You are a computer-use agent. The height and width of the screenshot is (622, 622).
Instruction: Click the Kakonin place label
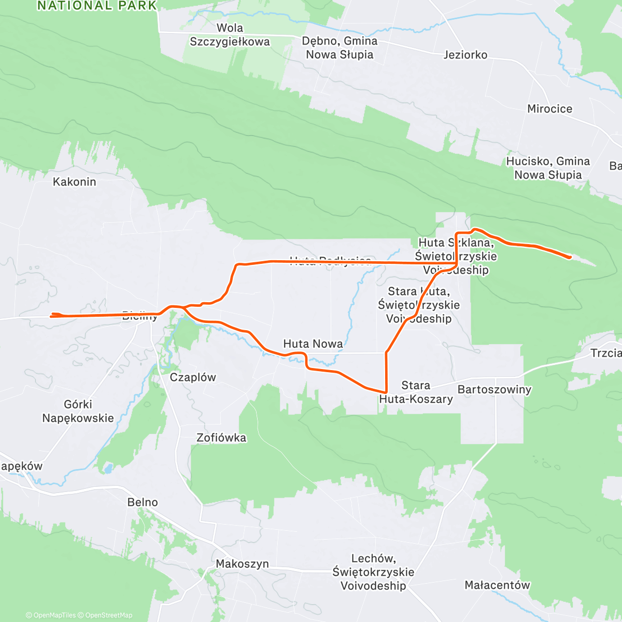pyautogui.click(x=75, y=182)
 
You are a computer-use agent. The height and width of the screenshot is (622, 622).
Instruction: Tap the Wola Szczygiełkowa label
pyautogui.click(x=230, y=35)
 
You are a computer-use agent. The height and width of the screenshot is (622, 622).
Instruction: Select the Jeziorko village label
pyautogui.click(x=465, y=55)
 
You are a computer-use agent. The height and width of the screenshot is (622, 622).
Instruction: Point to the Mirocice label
pyautogui.click(x=549, y=109)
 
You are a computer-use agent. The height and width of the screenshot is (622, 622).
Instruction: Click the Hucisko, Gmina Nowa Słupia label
pyautogui.click(x=548, y=168)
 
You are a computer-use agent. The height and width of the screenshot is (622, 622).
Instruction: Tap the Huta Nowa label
pyautogui.click(x=313, y=344)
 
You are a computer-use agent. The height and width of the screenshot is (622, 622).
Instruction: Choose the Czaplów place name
pyautogui.click(x=193, y=377)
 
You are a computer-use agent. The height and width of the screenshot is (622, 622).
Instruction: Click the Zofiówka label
pyautogui.click(x=221, y=438)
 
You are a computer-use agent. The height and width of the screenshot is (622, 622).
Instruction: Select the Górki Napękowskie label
pyautogui.click(x=78, y=411)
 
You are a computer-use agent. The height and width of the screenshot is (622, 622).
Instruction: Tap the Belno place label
pyautogui.click(x=143, y=502)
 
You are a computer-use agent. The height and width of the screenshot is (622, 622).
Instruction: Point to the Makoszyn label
pyautogui.click(x=242, y=564)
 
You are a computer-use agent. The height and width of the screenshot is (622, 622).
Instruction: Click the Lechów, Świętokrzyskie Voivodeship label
pyautogui.click(x=373, y=572)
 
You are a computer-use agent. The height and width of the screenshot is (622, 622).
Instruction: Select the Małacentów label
pyautogui.click(x=497, y=585)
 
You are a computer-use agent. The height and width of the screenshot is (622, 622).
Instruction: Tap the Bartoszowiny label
pyautogui.click(x=494, y=390)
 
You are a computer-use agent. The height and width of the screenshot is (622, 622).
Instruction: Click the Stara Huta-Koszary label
pyautogui.click(x=416, y=392)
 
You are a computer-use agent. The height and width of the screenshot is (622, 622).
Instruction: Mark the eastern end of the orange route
pyautogui.click(x=570, y=257)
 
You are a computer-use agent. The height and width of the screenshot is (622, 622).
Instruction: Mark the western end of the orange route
pyautogui.click(x=51, y=314)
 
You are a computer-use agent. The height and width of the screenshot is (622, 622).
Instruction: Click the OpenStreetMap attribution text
pyautogui.click(x=109, y=615)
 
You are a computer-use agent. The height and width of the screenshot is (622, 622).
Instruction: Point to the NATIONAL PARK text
pyautogui.click(x=97, y=6)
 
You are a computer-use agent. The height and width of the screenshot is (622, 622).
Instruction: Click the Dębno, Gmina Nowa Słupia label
pyautogui.click(x=340, y=48)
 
